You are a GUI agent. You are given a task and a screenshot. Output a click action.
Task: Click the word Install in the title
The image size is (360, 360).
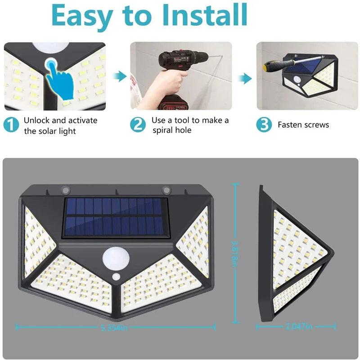(204, 16)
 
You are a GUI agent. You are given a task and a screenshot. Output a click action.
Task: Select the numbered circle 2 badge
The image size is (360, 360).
(138, 125)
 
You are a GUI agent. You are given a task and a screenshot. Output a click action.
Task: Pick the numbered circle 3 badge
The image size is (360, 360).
(264, 125)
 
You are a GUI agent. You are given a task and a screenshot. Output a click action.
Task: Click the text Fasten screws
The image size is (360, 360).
(303, 125)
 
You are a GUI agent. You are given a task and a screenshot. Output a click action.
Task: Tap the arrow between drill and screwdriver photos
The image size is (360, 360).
(244, 79)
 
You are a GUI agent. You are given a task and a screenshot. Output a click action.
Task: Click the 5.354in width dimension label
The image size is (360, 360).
(115, 327)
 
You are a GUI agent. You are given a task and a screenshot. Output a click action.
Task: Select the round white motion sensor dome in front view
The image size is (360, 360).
(116, 259)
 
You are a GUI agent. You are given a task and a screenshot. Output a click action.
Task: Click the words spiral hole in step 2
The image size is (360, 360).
(172, 130)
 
